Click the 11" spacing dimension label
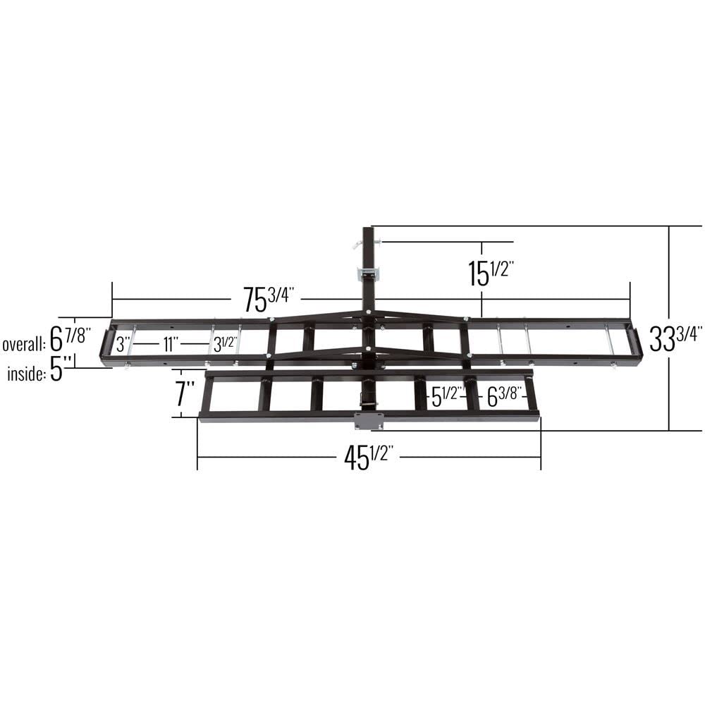point(169,344)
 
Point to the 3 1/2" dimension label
point(224,345)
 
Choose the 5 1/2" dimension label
point(446,397)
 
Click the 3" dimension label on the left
point(123,344)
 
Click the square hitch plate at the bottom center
point(368,421)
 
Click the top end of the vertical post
point(368,229)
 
